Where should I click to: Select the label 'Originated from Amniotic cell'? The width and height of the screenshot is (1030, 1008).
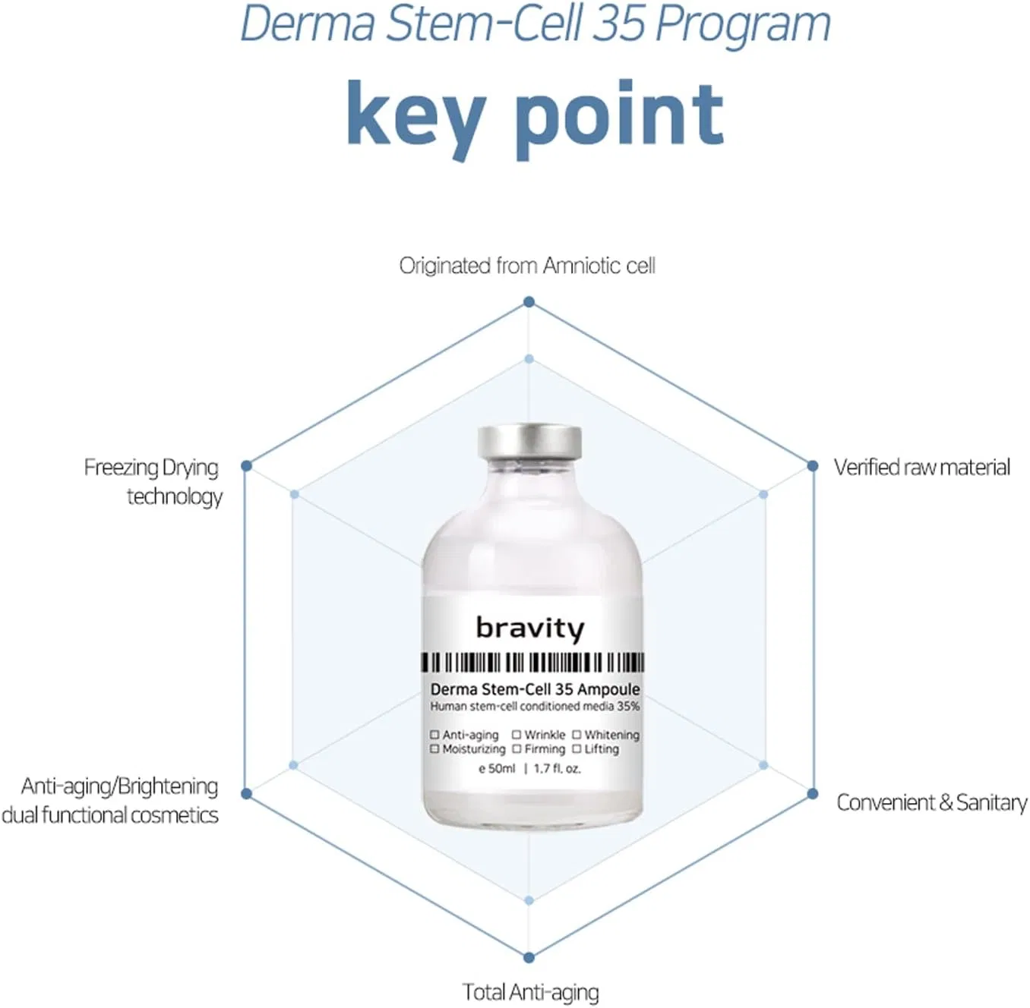(527, 266)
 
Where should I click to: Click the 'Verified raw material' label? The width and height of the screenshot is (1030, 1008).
(922, 468)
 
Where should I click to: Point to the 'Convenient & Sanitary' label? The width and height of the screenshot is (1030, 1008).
(932, 803)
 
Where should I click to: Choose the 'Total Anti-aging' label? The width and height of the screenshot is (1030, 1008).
(530, 993)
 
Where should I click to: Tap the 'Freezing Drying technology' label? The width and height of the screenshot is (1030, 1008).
(153, 482)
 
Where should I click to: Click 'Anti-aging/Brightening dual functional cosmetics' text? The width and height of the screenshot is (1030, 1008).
(110, 801)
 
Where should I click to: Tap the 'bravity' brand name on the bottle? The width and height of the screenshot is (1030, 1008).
(530, 628)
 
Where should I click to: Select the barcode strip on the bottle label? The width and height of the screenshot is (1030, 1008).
(533, 663)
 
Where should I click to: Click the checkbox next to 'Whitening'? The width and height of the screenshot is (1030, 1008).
(577, 735)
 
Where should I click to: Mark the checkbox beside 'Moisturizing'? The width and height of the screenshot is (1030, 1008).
(434, 749)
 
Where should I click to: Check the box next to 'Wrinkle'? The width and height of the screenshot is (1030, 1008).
(517, 735)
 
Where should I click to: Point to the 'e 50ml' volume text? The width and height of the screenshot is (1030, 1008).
(497, 769)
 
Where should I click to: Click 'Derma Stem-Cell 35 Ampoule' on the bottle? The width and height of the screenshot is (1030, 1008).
(535, 689)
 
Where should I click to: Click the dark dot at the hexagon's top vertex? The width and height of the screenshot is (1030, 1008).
(529, 302)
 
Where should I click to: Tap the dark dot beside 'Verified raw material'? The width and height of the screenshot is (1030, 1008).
(813, 466)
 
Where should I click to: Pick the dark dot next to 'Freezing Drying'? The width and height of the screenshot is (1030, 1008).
(246, 466)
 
